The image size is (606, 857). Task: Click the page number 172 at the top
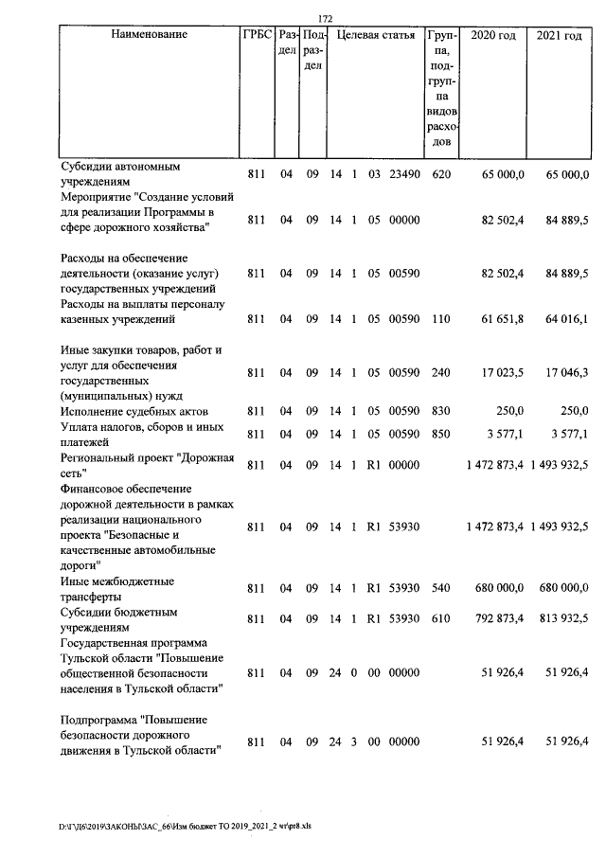click(325, 18)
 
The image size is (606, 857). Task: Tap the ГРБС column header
click(255, 35)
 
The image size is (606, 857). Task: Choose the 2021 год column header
click(559, 35)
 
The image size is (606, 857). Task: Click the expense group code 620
click(440, 175)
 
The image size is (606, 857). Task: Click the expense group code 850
click(440, 435)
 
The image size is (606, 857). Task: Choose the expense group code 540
click(440, 588)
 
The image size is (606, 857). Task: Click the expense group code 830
click(440, 411)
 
